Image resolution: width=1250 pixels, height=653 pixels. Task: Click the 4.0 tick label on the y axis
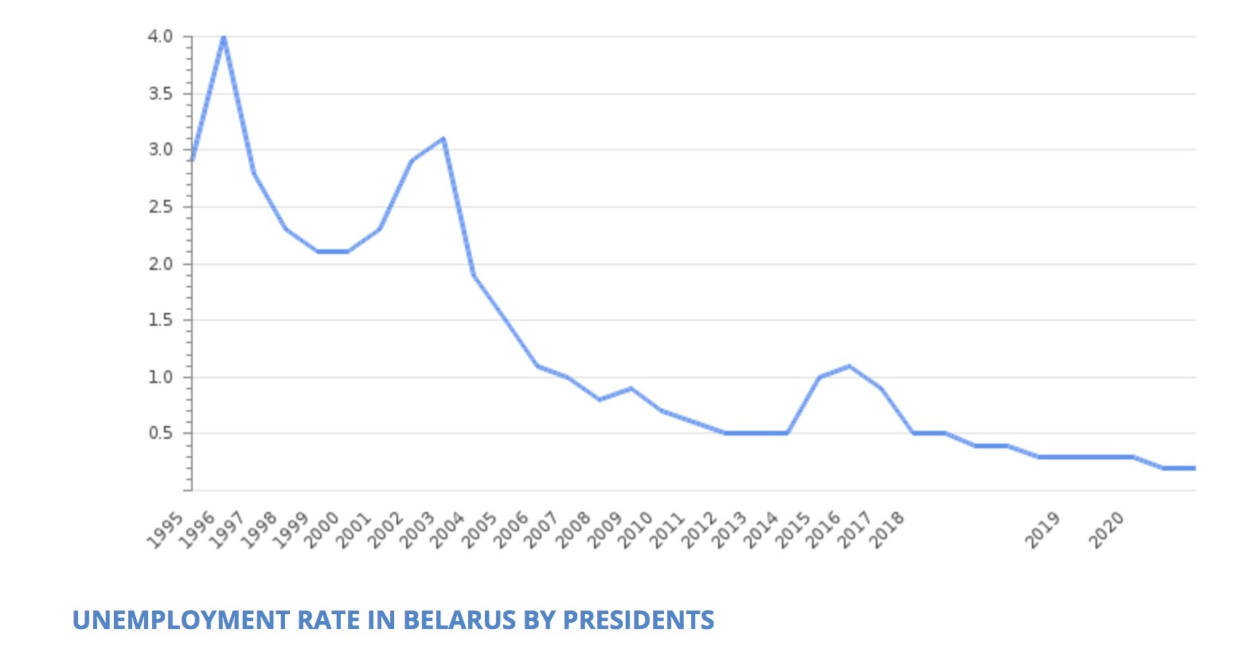160,37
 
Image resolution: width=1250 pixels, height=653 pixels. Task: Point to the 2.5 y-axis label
160,207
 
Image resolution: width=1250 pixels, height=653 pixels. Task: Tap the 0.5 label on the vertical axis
160,434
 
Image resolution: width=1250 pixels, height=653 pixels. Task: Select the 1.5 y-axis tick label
160,320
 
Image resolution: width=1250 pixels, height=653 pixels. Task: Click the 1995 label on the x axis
165,530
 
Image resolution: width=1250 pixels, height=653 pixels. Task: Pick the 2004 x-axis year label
448,530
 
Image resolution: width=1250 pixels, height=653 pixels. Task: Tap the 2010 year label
636,530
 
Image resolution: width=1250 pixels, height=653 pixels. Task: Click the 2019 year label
1043,530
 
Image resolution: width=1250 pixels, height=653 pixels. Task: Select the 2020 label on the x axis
1106,530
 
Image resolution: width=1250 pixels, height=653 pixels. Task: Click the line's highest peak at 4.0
224,38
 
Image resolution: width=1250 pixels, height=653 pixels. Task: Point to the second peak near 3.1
443,139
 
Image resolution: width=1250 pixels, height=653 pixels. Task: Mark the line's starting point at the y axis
193,160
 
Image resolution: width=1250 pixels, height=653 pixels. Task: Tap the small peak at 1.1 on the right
849,366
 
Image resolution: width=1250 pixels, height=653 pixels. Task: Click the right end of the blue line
1194,468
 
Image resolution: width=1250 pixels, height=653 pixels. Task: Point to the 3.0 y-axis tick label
160,150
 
